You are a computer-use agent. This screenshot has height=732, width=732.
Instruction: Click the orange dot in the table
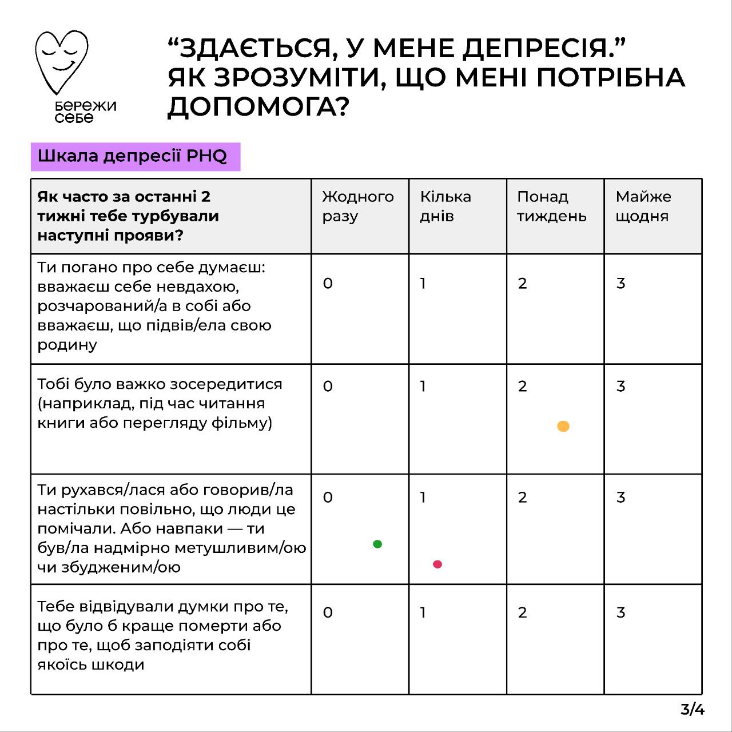(x=563, y=426)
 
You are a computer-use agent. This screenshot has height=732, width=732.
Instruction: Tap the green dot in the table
(x=377, y=544)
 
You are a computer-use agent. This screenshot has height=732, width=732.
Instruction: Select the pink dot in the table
(x=437, y=564)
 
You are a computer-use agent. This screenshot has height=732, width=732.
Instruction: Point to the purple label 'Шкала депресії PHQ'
(x=136, y=157)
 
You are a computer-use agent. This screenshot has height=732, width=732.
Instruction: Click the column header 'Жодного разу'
(x=357, y=206)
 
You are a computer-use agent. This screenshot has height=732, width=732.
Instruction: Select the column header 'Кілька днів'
(x=445, y=206)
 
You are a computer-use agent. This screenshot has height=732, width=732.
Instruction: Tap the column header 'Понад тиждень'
(x=551, y=206)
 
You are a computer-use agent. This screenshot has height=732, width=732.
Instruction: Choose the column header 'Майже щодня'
(x=643, y=206)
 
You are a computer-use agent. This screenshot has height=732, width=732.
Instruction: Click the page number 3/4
(x=693, y=710)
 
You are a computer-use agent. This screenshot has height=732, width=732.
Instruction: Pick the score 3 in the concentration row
(x=621, y=387)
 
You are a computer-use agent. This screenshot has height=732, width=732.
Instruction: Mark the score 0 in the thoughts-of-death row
(x=328, y=613)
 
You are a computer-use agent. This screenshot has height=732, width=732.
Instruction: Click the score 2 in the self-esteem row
(x=522, y=284)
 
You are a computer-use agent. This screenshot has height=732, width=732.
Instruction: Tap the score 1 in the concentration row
(x=423, y=387)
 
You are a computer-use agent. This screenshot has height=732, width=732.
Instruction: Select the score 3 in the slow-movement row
(x=621, y=498)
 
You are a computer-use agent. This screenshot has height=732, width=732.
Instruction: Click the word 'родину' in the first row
(x=67, y=345)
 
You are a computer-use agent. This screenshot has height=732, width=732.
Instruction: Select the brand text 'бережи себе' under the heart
(x=85, y=112)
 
